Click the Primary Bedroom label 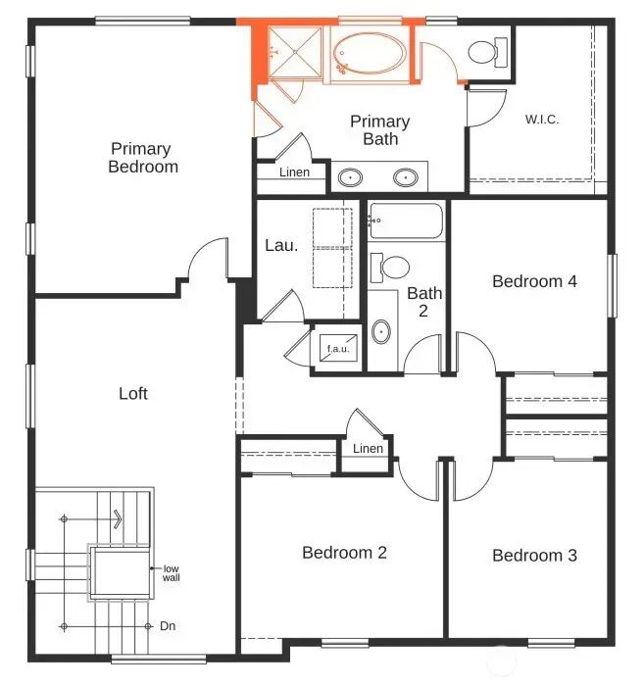(x=143, y=158)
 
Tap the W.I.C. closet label (x=541, y=121)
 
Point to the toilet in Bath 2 (x=395, y=267)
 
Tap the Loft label (x=133, y=393)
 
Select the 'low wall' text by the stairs (x=172, y=573)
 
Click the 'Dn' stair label (x=168, y=625)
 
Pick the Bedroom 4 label (x=534, y=281)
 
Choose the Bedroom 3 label (x=534, y=556)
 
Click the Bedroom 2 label (x=344, y=553)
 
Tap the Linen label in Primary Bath (x=294, y=172)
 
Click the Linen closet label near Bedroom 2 (x=368, y=449)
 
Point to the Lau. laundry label (x=281, y=245)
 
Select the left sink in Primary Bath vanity (x=350, y=177)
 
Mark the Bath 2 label (x=424, y=302)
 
